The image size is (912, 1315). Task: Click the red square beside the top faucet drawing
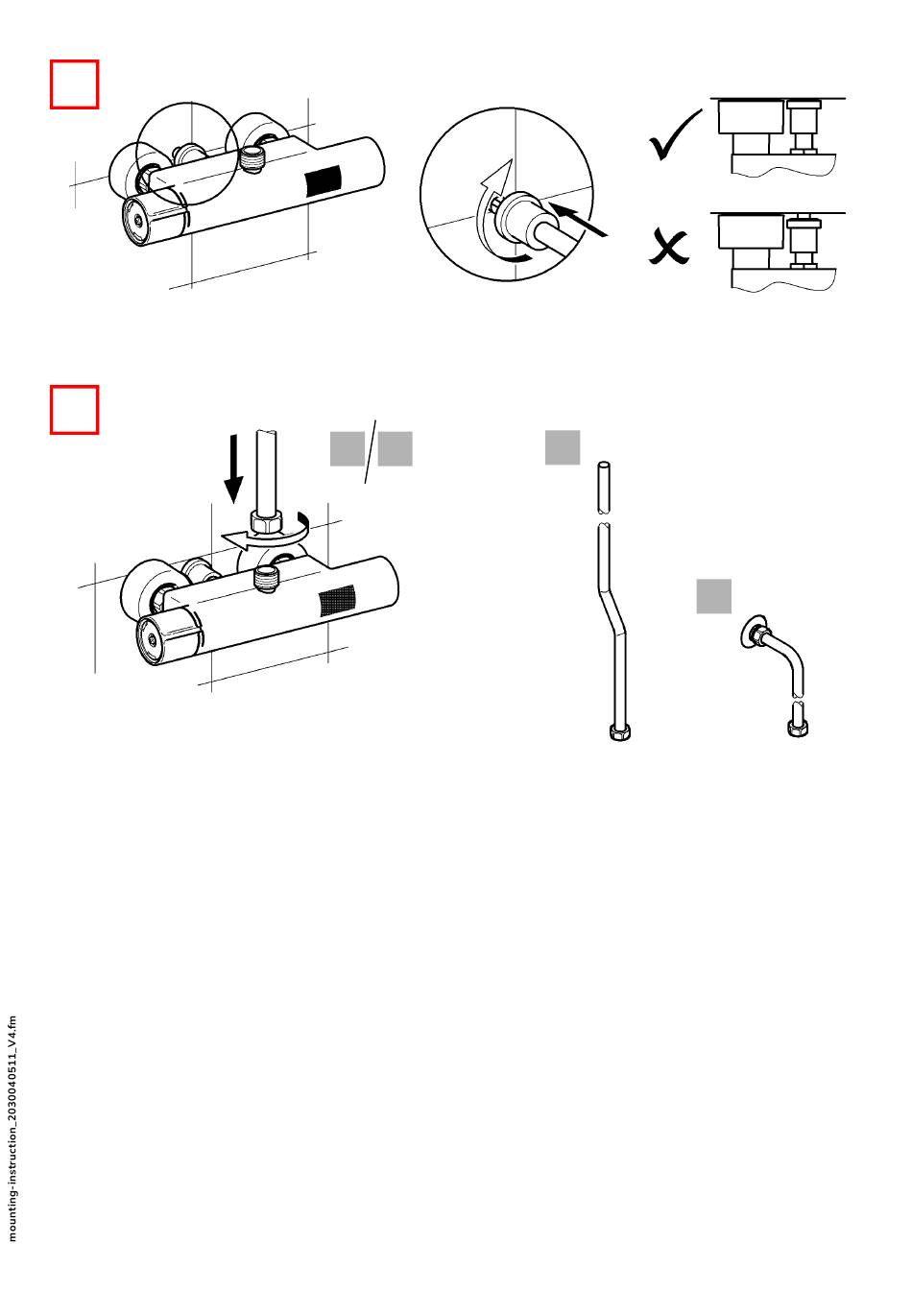click(x=74, y=84)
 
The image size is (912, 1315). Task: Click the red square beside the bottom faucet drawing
click(x=74, y=410)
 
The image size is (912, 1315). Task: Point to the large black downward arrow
click(x=233, y=467)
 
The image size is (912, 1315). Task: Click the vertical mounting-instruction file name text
click(x=12, y=1128)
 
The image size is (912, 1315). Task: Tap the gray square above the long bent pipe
click(x=563, y=447)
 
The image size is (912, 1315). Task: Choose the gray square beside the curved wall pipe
click(x=714, y=596)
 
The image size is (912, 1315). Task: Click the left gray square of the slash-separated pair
click(x=347, y=449)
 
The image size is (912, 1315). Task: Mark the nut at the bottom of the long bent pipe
click(x=616, y=732)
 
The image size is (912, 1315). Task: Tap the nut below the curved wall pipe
click(x=798, y=729)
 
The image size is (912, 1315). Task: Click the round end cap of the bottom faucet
click(x=150, y=639)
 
